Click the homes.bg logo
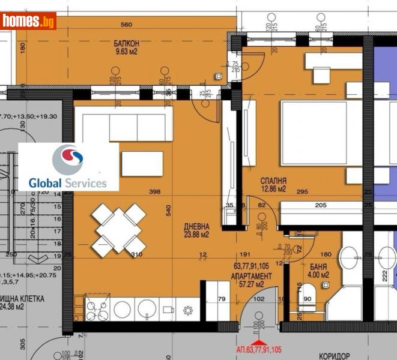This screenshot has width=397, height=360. point(28,21)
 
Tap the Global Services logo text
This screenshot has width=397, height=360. point(68,183)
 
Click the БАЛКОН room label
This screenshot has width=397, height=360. point(127,44)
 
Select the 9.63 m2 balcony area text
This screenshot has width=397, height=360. point(127,52)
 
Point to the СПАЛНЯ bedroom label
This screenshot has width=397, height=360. point(273,181)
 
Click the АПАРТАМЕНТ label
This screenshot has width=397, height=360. point(251,276)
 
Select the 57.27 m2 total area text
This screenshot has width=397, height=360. point(251,284)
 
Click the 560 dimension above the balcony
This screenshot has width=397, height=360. point(126,25)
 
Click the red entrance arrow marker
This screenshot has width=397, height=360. point(259,342)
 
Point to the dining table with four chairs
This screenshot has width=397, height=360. point(118,228)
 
